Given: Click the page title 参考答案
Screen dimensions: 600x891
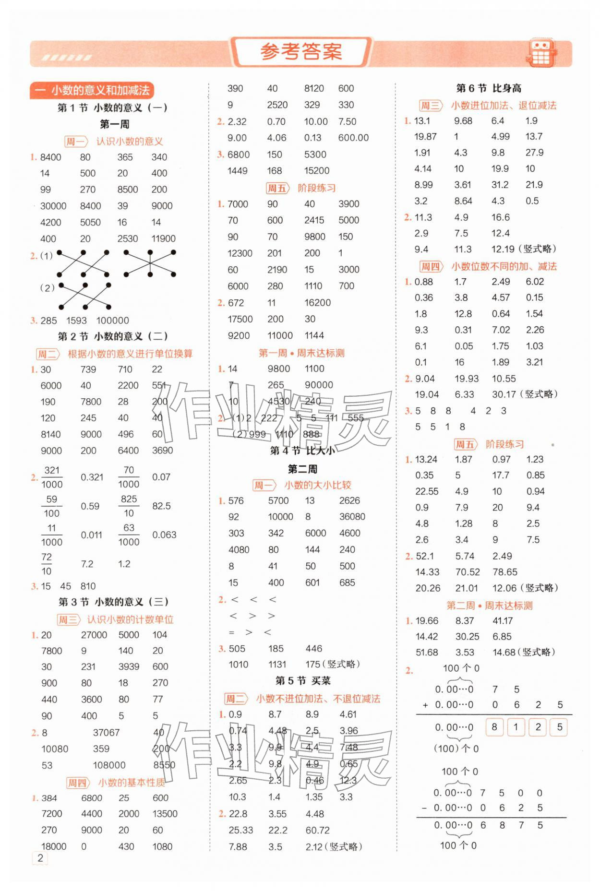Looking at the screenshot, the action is [301, 52].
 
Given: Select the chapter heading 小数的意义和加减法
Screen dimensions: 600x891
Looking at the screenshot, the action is [92, 90].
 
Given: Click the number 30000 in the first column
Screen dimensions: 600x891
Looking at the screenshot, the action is [53, 206].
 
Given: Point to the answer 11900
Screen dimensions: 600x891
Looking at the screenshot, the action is [163, 238].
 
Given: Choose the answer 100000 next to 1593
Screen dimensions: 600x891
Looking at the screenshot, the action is [112, 321].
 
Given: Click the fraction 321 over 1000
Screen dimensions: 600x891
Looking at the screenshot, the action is [52, 477].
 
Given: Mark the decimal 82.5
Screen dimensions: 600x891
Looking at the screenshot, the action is [161, 506].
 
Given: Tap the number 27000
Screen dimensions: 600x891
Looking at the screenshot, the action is [94, 635].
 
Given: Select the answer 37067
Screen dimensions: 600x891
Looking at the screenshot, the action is [106, 733].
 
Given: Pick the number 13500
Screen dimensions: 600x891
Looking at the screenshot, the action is [165, 814].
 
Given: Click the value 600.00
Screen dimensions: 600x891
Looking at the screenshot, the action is [353, 138].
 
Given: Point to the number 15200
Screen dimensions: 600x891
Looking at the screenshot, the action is [317, 170].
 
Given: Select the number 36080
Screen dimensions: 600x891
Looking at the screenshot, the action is [352, 517].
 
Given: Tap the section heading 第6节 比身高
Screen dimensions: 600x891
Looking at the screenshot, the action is [489, 88].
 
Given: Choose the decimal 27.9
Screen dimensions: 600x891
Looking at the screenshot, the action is [534, 153].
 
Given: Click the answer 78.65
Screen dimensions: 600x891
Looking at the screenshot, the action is [505, 572].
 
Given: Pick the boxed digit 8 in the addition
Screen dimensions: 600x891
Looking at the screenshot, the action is [494, 727].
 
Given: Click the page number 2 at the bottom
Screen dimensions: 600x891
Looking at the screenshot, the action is [40, 858].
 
